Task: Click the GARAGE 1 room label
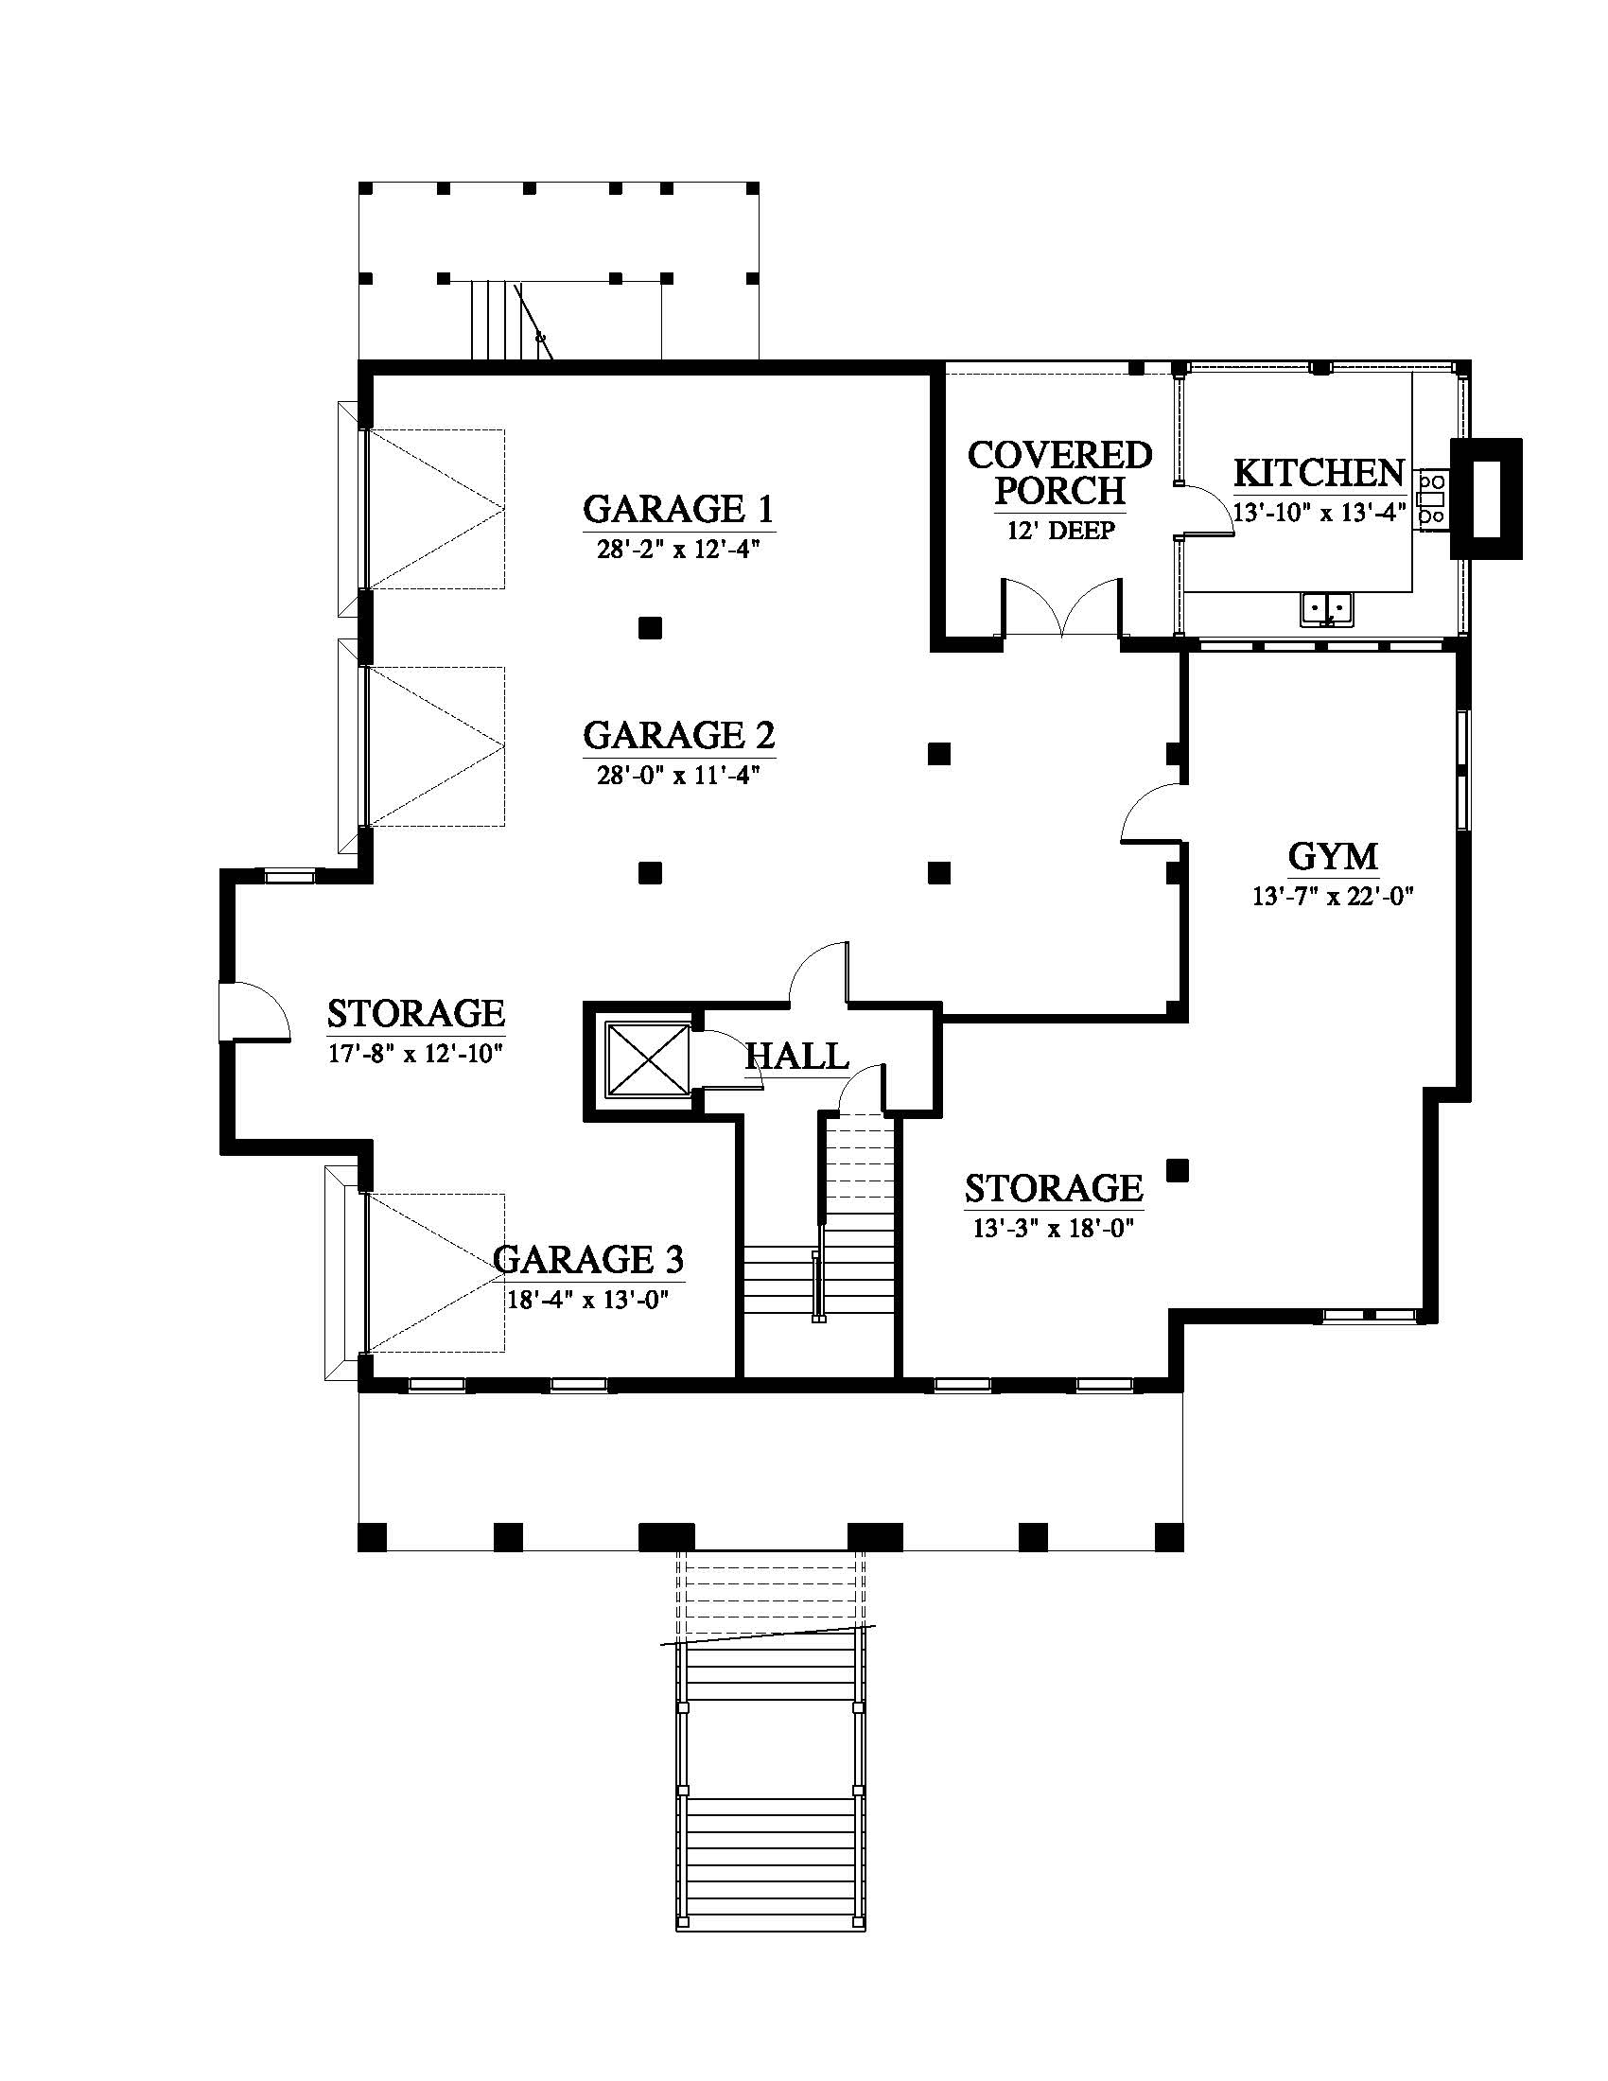point(678,509)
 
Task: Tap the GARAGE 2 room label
point(678,736)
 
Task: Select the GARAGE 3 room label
point(587,1260)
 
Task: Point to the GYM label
point(1333,857)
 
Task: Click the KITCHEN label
point(1320,473)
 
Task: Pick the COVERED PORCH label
point(1059,473)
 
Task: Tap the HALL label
point(796,1056)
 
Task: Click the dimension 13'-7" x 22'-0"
point(1333,896)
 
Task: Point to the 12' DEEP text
point(1060,531)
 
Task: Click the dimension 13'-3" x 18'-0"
point(1053,1228)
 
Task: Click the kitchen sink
point(1327,609)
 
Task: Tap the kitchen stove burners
point(1431,498)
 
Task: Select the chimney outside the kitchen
point(1485,498)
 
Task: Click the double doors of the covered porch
point(1061,607)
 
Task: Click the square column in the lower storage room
point(1179,1170)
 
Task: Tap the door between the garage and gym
point(1154,813)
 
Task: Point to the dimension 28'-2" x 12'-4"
point(678,550)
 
